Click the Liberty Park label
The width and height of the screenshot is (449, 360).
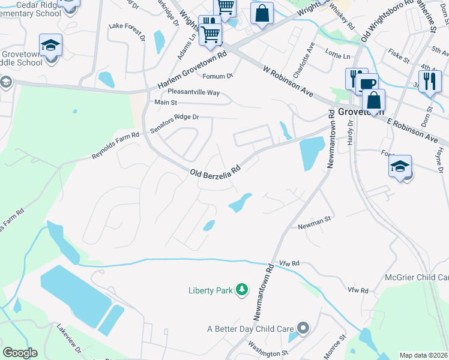coord(210,290)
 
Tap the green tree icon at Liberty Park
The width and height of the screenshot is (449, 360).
coord(242,290)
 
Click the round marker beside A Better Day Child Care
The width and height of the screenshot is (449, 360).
coord(303,328)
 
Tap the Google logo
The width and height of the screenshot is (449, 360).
coord(20,353)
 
